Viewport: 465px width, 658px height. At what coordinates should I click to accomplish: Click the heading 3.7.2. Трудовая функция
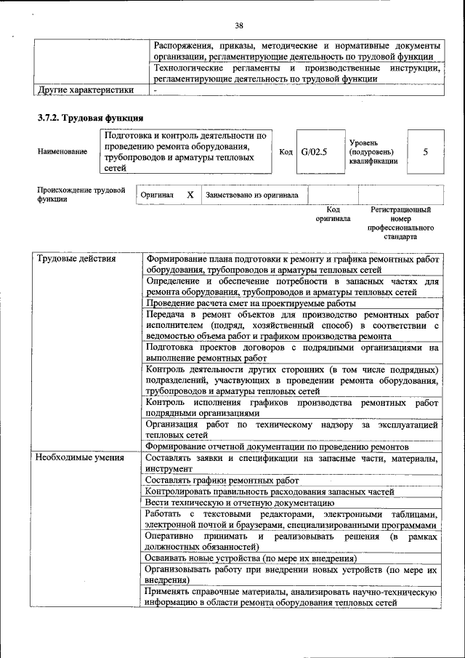click(90, 118)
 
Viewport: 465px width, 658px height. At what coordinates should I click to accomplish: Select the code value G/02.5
click(315, 152)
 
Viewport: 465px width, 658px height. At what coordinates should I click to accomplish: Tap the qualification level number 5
click(425, 152)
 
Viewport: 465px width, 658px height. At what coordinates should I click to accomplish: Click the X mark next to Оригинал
click(190, 195)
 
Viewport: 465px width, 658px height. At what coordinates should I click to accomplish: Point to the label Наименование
click(62, 152)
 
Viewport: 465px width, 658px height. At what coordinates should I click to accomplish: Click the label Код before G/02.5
click(286, 152)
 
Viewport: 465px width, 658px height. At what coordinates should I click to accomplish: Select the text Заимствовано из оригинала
click(252, 195)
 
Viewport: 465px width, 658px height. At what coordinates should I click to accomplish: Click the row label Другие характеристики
click(85, 90)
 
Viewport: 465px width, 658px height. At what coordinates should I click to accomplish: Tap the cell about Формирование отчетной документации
click(277, 446)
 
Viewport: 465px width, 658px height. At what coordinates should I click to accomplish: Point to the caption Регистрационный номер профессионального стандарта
click(400, 223)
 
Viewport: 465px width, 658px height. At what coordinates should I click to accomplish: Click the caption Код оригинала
click(333, 214)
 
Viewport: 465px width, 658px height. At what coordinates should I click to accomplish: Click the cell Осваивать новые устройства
click(251, 558)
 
